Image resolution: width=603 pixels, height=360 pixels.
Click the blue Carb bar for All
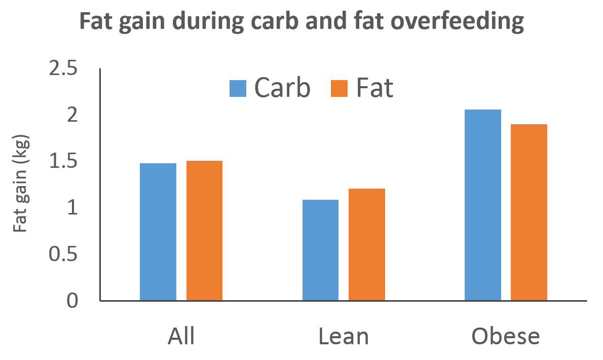[158, 232]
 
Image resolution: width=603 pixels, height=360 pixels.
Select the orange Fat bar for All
[204, 231]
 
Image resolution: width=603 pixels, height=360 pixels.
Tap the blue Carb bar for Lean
[320, 250]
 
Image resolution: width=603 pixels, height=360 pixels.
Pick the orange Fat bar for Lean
[366, 244]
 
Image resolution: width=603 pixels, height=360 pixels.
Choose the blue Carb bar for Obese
[482, 205]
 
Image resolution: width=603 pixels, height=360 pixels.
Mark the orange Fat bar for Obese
[529, 212]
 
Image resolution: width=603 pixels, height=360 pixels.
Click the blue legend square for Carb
[238, 88]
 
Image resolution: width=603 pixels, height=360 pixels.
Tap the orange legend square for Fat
[339, 88]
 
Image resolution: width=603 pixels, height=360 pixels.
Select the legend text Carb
[282, 88]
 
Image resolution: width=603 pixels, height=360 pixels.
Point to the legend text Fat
[374, 88]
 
